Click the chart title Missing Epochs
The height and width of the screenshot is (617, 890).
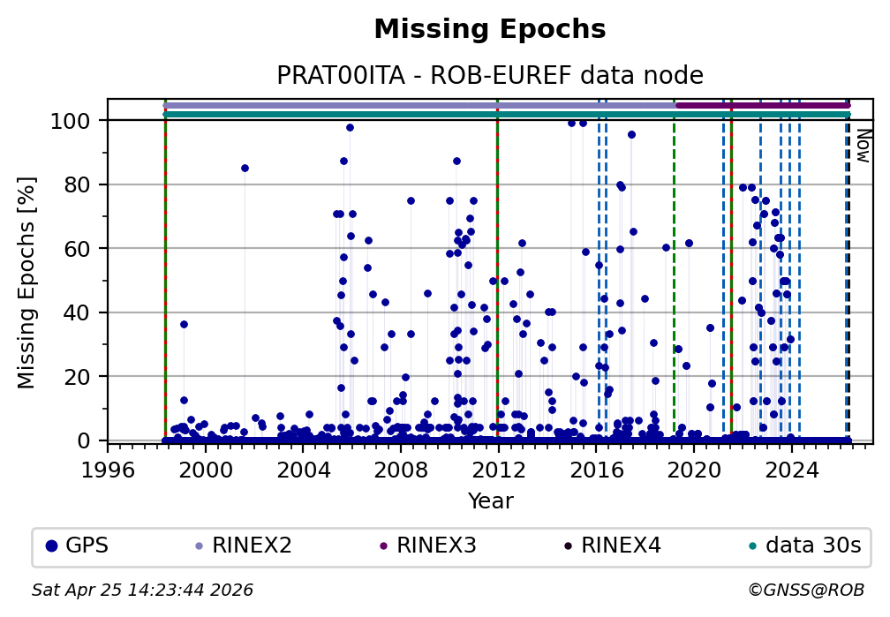pyautogui.click(x=490, y=30)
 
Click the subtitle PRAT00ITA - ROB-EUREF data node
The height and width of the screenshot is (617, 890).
pyautogui.click(x=490, y=76)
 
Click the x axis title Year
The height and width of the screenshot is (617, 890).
pyautogui.click(x=490, y=501)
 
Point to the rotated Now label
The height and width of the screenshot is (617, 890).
pyautogui.click(x=864, y=146)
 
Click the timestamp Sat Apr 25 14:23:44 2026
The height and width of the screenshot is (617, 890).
pyautogui.click(x=142, y=590)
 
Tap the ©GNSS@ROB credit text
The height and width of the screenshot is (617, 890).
pyautogui.click(x=805, y=590)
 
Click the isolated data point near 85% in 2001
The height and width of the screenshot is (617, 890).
pyautogui.click(x=245, y=168)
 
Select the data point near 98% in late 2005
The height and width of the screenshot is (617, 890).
pyautogui.click(x=350, y=127)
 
